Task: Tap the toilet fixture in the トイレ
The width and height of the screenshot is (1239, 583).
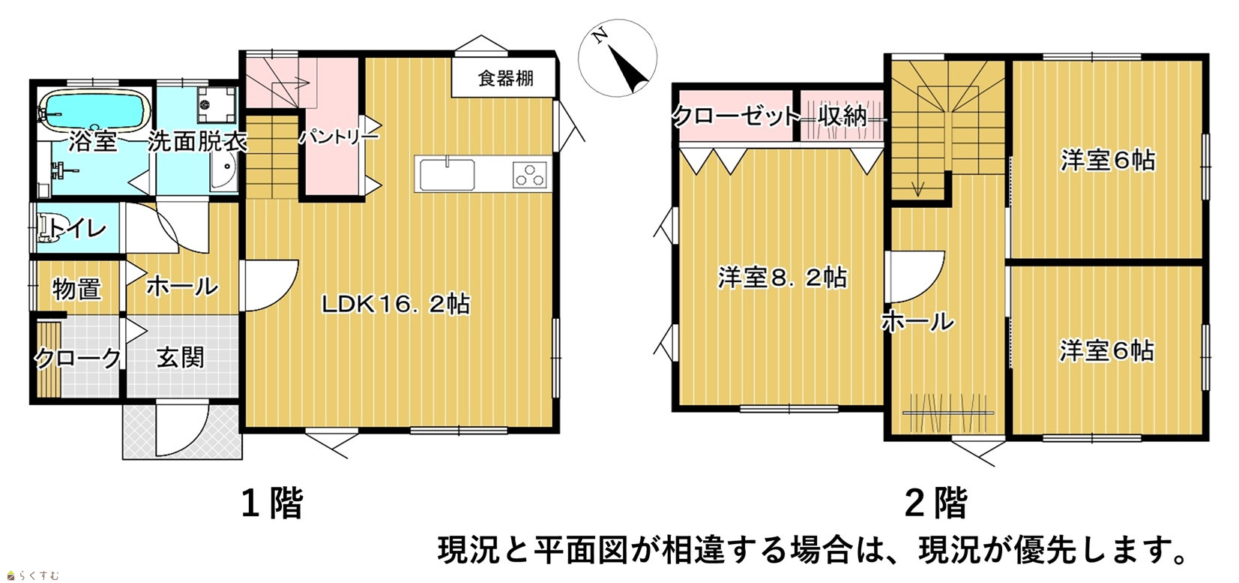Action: [x=49, y=229]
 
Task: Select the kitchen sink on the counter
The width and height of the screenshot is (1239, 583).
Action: [x=447, y=174]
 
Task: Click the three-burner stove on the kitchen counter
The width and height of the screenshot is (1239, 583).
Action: [x=529, y=175]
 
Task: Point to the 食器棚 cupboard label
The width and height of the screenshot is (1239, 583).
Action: [x=505, y=78]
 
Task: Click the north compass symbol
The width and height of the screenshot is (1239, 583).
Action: [x=618, y=58]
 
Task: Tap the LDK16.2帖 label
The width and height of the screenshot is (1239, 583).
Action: [x=396, y=304]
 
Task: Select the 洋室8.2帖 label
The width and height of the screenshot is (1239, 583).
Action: [x=782, y=278]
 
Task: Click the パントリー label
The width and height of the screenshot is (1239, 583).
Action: [x=339, y=137]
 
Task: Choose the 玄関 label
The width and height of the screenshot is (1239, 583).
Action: [x=181, y=358]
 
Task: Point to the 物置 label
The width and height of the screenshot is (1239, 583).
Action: [x=77, y=289]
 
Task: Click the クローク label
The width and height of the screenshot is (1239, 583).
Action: [x=77, y=358]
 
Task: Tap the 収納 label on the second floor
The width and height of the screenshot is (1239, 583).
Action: [x=843, y=117]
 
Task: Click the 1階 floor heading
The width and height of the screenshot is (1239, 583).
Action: [x=272, y=503]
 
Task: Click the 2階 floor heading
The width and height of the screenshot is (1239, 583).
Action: [x=936, y=503]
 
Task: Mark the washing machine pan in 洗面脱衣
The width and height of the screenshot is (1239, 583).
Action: [x=217, y=104]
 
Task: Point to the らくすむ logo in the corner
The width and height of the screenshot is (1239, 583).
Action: [x=33, y=575]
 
